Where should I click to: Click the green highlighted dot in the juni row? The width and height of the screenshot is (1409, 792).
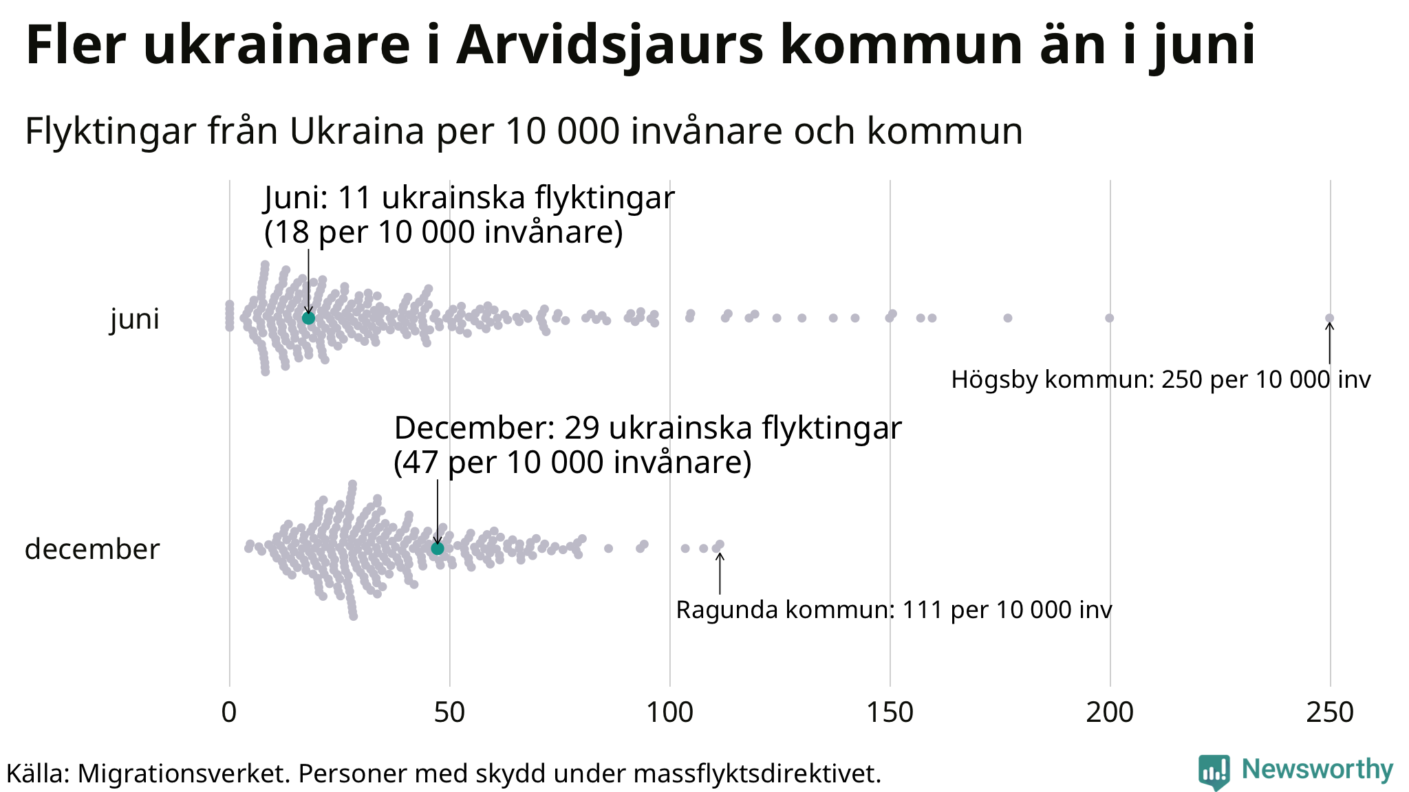(308, 318)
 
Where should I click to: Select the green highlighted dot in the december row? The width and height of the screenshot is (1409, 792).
(438, 548)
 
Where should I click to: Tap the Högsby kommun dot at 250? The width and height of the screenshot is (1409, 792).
(1330, 318)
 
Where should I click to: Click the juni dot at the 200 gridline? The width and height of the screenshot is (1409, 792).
(1109, 318)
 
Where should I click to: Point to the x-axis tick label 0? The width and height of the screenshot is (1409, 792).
(229, 712)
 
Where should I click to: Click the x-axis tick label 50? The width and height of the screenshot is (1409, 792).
(449, 712)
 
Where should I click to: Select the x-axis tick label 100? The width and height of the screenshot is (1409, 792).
(669, 712)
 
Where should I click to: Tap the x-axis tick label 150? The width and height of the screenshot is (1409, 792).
(890, 712)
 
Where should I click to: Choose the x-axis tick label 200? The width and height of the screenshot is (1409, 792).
(1110, 712)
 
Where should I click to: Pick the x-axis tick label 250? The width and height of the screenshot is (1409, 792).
(1330, 712)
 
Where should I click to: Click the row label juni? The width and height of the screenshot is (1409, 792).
(135, 320)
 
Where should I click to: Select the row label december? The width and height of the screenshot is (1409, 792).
(92, 549)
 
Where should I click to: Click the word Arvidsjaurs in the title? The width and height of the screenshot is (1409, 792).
(610, 45)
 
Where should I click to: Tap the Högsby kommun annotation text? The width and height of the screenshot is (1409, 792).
(1161, 379)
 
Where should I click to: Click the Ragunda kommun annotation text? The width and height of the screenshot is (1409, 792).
(894, 610)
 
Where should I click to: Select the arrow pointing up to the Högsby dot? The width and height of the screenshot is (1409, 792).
(1330, 343)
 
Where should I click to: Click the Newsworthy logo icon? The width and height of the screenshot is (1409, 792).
(1214, 772)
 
